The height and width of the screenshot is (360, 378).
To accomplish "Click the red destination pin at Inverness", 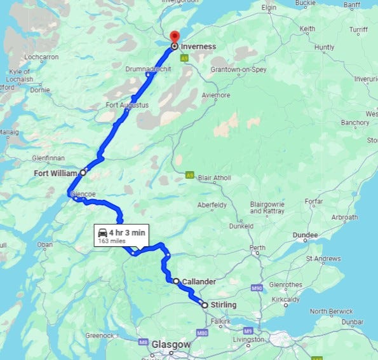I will point(174,37).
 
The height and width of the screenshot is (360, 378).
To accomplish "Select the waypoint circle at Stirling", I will point(205,305).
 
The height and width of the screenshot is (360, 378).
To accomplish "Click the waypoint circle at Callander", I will point(176,280).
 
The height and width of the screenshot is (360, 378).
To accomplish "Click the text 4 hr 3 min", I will point(127,233).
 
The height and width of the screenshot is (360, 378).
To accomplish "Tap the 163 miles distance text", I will point(112,242).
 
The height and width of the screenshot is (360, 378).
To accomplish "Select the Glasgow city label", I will point(171,344).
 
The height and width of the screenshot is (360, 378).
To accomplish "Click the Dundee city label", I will point(305,235).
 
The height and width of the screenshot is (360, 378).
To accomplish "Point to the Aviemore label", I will point(215,95).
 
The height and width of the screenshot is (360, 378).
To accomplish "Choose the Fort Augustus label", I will point(127,104).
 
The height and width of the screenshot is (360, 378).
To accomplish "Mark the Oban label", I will point(45,244).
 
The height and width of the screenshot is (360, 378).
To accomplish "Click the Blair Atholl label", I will point(215,177).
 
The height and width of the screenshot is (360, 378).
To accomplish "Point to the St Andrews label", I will point(324,259).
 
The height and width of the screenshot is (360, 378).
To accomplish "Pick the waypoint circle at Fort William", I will point(83,172).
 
